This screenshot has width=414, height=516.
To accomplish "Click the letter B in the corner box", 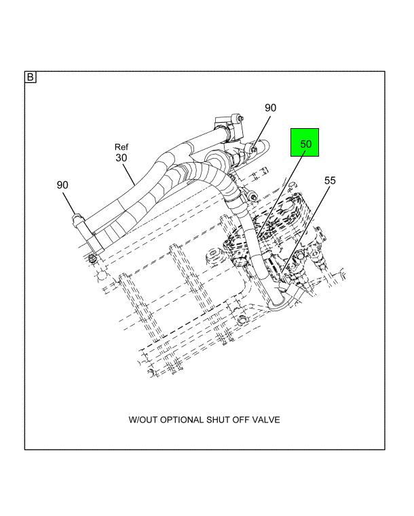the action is click(31, 77).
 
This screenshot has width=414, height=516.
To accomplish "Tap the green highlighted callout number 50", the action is click(305, 144).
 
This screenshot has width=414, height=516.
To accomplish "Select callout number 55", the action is click(330, 180).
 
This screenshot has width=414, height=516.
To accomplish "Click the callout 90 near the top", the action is click(270, 108).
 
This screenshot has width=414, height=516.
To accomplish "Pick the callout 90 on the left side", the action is click(62, 185).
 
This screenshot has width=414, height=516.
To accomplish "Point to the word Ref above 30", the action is click(121, 146).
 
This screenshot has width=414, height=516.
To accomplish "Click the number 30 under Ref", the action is click(121, 158).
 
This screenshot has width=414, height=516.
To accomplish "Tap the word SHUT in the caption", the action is click(218, 420).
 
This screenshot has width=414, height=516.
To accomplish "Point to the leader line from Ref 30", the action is click(129, 174).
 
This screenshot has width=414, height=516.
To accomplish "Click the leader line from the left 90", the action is click(69, 203).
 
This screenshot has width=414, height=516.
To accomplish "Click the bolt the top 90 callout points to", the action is click(254, 150).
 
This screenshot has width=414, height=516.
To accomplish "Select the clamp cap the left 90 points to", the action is click(77, 218).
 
